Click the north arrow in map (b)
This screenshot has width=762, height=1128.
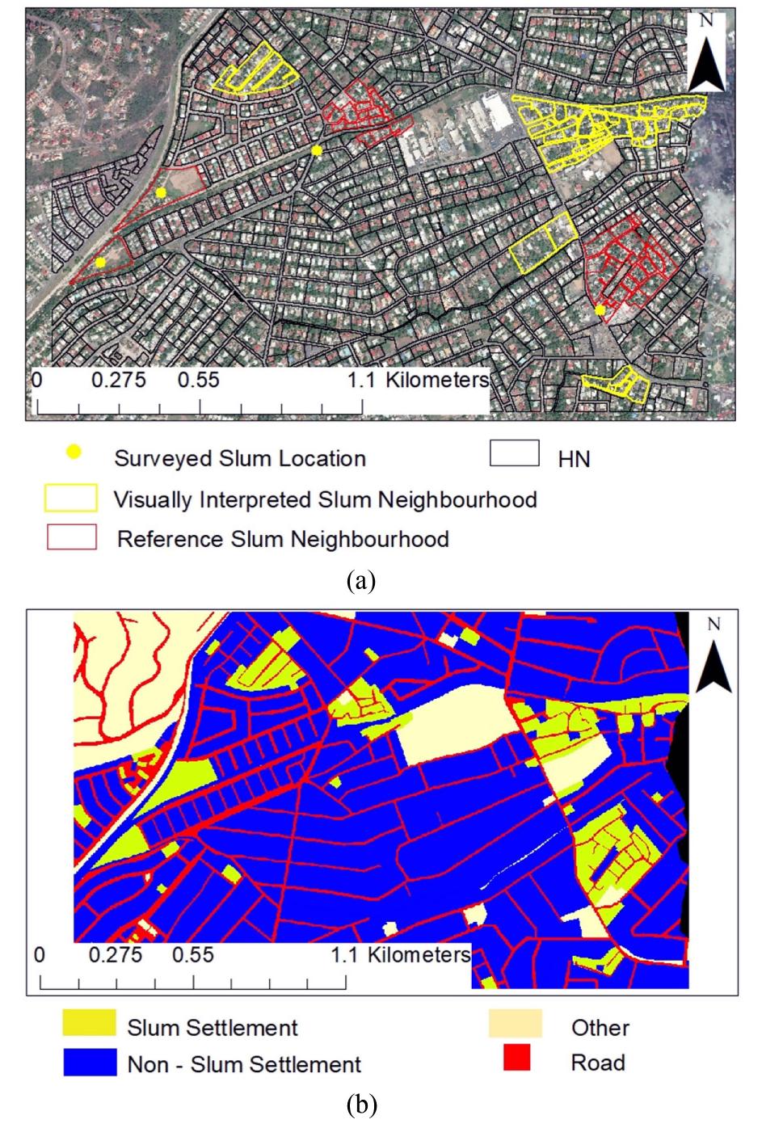pos(713,659)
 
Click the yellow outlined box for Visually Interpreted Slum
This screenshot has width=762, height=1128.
pos(70,499)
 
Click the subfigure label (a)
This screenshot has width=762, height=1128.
pos(360,580)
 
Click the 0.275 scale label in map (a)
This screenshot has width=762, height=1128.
pos(118,380)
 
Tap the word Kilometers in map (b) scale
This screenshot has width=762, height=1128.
pos(419,954)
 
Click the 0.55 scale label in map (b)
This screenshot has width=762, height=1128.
pos(193,954)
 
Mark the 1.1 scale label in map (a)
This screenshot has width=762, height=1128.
pos(361,380)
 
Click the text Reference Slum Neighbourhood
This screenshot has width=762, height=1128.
pos(283,539)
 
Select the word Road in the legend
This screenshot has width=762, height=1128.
pos(598,1062)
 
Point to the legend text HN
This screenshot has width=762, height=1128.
pos(574,459)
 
